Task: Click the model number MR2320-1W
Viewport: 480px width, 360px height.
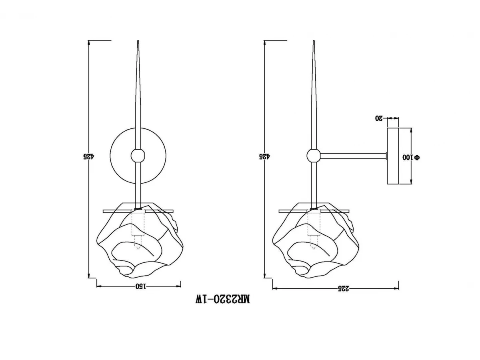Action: (x=222, y=299)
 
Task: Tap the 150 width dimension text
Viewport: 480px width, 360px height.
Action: (x=141, y=286)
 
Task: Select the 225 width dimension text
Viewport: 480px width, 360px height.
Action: (x=344, y=288)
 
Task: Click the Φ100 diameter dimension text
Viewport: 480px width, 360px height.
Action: (x=411, y=157)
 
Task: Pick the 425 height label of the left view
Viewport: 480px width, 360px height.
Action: (x=88, y=156)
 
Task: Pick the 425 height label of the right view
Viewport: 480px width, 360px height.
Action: (x=265, y=156)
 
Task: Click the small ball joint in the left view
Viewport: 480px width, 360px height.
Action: (x=138, y=156)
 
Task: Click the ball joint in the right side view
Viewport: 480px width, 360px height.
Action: (x=314, y=156)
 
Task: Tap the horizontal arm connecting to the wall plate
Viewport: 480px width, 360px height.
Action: (x=353, y=156)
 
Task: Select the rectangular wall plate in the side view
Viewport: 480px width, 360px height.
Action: (x=393, y=156)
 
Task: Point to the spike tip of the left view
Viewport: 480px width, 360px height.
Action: (x=138, y=41)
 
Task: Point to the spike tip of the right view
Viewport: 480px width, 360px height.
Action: (x=314, y=41)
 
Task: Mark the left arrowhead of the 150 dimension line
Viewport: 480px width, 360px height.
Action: (x=99, y=286)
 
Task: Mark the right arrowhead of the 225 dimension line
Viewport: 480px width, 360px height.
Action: (x=396, y=289)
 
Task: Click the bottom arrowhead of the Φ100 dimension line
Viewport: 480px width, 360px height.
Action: (x=411, y=182)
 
